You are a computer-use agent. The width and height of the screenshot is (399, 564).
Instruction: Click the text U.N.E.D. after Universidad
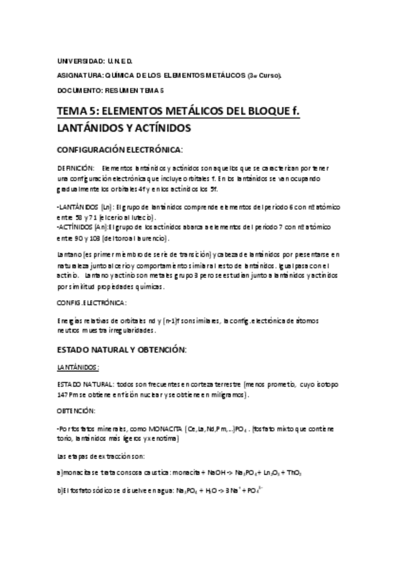point(119,61)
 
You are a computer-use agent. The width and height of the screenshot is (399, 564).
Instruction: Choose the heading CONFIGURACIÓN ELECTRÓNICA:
point(119,150)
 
